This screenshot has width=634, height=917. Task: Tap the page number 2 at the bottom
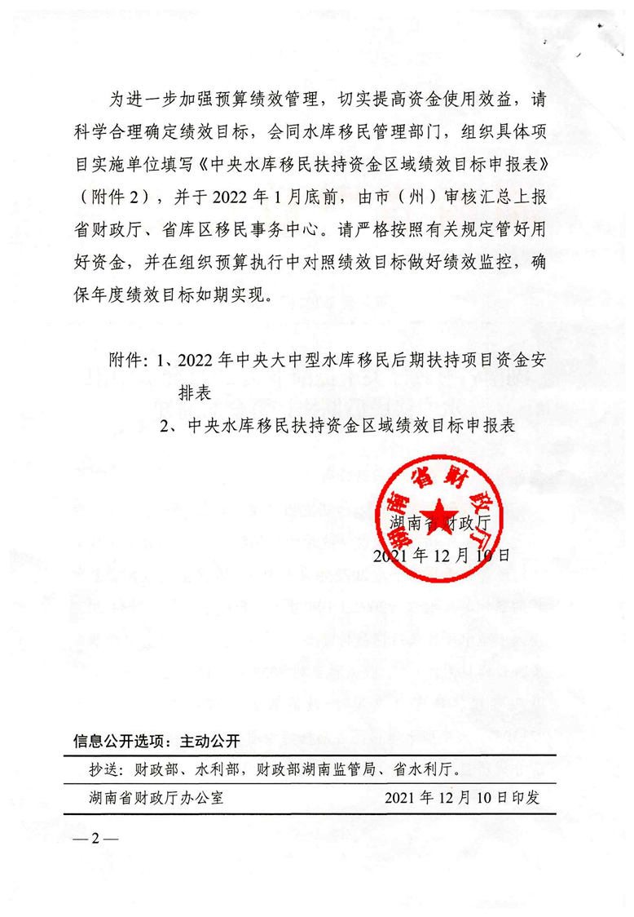coord(95,839)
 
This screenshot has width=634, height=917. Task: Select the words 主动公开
coord(209,742)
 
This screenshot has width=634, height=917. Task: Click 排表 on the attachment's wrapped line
coord(196,392)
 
